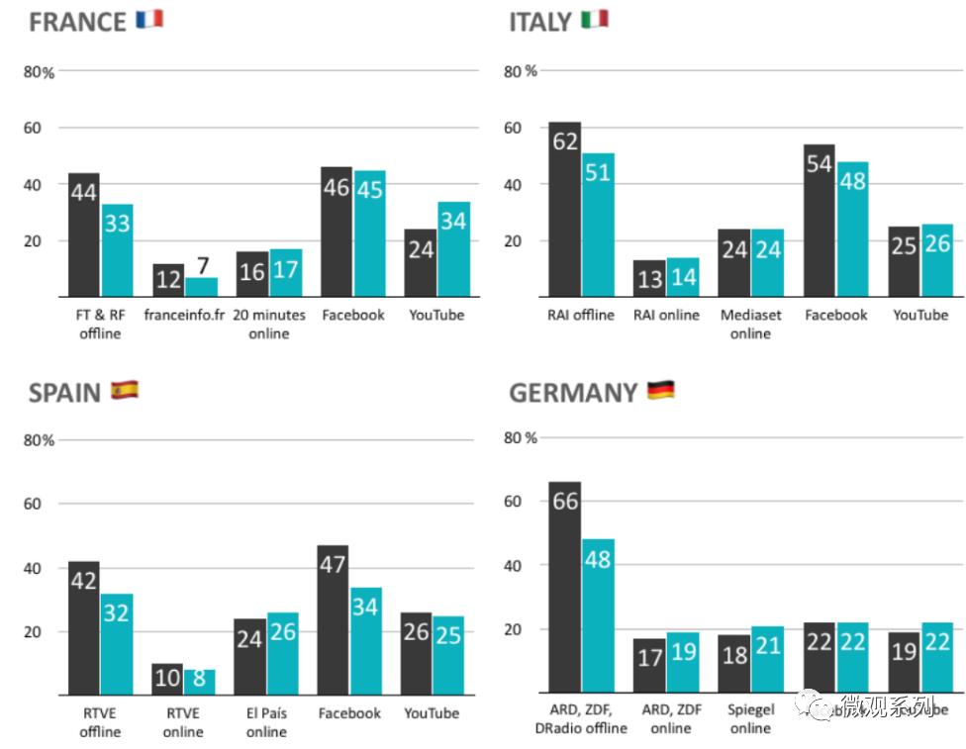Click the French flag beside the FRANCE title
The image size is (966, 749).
pos(149,19)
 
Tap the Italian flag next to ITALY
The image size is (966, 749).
pos(595,19)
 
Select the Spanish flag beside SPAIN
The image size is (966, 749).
pos(124,390)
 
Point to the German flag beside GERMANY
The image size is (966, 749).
pos(661,390)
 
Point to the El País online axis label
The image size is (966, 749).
pos(266,722)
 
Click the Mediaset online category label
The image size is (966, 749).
pos(750,324)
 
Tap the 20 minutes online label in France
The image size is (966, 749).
pos(268,324)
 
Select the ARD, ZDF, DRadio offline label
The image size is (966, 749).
pos(580,718)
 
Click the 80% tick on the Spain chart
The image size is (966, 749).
pos(40,440)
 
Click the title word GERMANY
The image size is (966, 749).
pos(573,393)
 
